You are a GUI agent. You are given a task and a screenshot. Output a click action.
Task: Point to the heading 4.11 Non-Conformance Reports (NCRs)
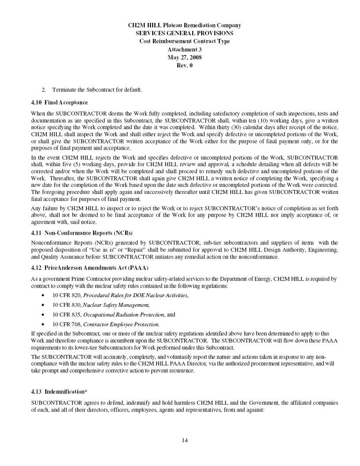point(82,232)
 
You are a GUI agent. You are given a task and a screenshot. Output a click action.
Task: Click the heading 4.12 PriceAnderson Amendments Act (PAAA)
point(90,268)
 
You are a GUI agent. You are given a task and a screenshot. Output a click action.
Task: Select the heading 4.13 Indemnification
point(58,391)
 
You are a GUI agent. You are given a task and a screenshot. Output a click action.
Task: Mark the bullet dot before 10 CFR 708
point(43,324)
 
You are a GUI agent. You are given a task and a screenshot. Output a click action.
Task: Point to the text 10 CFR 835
point(67,314)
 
